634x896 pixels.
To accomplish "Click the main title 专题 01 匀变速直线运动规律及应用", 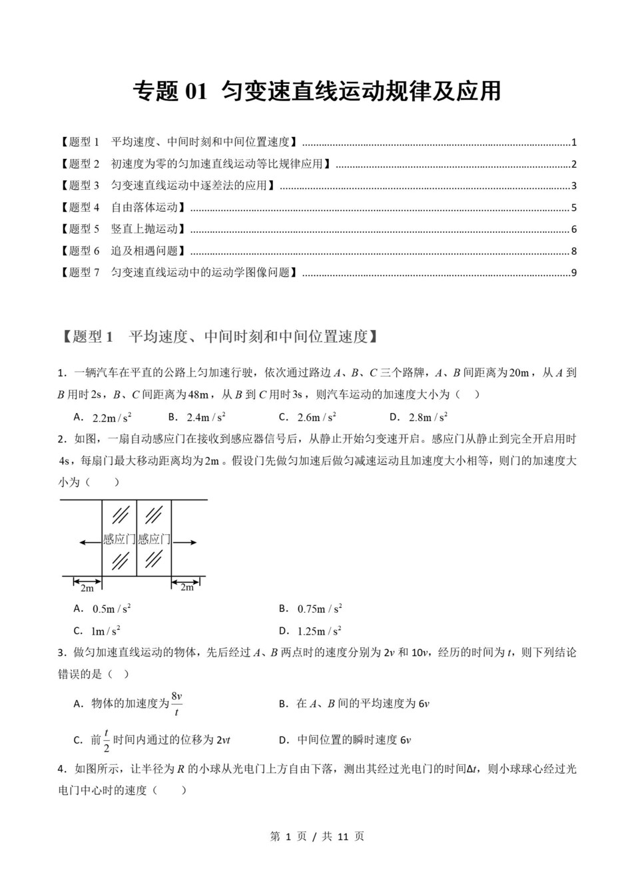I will click(x=316, y=92).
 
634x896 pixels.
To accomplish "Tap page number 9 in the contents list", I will click(x=573, y=273).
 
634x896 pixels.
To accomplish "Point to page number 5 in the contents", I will click(x=573, y=208).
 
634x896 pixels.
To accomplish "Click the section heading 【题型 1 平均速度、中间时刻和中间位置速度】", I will click(x=220, y=337).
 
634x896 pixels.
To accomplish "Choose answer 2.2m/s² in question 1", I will click(x=111, y=418).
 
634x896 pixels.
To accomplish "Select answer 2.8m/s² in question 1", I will click(x=428, y=418).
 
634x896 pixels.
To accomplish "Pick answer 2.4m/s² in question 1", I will click(x=206, y=418).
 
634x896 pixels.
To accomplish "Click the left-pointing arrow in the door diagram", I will click(x=89, y=543).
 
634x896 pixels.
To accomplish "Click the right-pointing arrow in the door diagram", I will click(x=185, y=543).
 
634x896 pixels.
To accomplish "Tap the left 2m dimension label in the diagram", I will click(x=87, y=588).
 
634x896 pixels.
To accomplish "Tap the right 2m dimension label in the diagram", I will click(x=187, y=588).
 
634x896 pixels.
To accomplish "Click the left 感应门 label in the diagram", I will click(x=119, y=539).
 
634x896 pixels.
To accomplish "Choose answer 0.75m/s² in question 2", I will click(x=319, y=609).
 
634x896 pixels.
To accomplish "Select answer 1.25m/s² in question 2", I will click(x=319, y=631).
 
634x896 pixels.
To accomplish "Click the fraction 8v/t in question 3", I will click(x=176, y=704).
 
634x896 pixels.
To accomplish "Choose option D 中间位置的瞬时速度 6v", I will click(x=353, y=740).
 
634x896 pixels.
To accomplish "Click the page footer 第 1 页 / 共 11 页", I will click(x=317, y=837).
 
